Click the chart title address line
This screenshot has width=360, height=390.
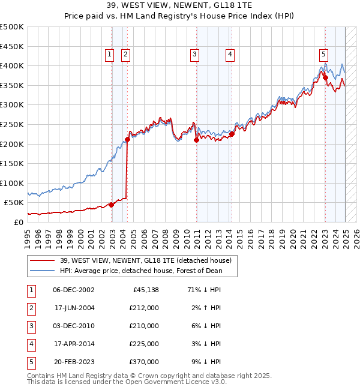tap(179, 5)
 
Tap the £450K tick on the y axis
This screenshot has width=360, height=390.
tap(12, 46)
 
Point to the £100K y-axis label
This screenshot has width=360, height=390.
tap(12, 183)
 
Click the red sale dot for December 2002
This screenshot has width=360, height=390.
tap(111, 205)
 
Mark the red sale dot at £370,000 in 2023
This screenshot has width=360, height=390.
tap(325, 77)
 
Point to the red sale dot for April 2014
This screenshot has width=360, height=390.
tap(232, 134)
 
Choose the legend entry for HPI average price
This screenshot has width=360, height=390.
tap(140, 271)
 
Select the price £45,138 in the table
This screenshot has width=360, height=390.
tap(143, 290)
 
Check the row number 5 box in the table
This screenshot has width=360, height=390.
tap(31, 362)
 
